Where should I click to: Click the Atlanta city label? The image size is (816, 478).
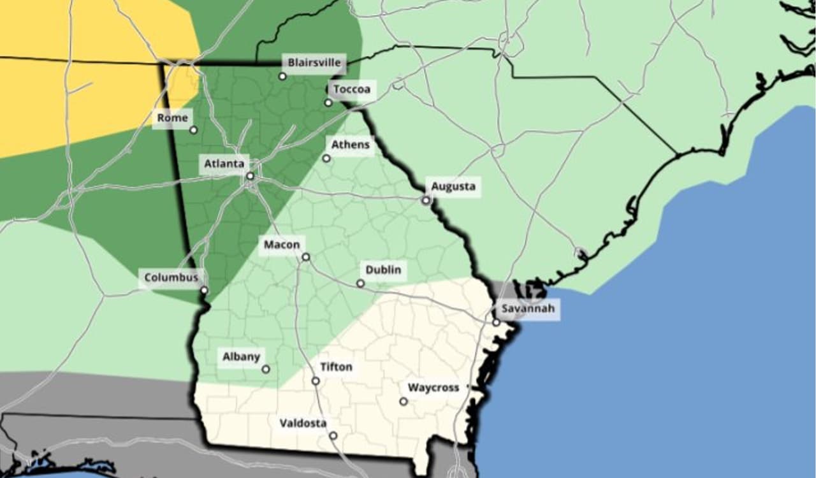(x=224, y=164)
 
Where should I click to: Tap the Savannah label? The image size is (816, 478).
(x=528, y=309)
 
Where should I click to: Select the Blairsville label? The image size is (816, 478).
(x=315, y=63)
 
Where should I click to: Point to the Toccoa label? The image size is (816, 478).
(x=352, y=89)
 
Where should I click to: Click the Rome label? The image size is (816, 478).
(x=173, y=118)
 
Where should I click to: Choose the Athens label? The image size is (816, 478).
(x=350, y=145)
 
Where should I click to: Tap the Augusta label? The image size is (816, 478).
(x=453, y=187)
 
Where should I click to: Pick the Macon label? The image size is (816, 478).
(x=281, y=245)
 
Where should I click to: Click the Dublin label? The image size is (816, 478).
(x=383, y=270)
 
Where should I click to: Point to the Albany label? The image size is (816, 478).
(x=241, y=357)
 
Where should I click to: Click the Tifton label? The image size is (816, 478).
(x=335, y=367)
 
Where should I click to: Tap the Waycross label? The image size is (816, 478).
(x=433, y=387)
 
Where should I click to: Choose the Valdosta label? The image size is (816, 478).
(x=303, y=423)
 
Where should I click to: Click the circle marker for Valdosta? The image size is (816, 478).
(x=333, y=436)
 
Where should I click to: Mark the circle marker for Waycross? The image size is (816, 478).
(x=404, y=402)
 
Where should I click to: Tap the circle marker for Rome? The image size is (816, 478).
(x=193, y=130)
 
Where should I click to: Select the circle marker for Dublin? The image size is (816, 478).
(x=360, y=284)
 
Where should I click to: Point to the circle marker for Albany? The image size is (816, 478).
(x=266, y=369)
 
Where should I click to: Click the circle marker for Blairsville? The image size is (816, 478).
(x=282, y=76)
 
